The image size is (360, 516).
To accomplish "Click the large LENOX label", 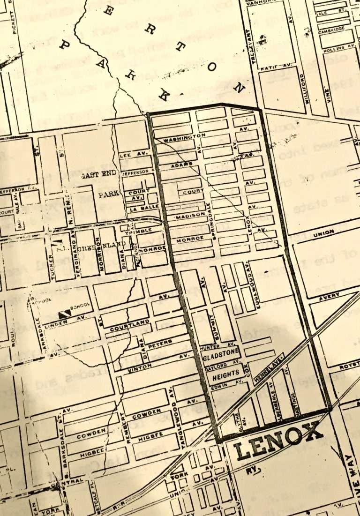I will (278, 441).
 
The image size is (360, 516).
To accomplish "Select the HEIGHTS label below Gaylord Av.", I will (226, 374).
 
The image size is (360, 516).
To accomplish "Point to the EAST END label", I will (98, 175).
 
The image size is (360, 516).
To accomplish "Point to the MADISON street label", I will (187, 217).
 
